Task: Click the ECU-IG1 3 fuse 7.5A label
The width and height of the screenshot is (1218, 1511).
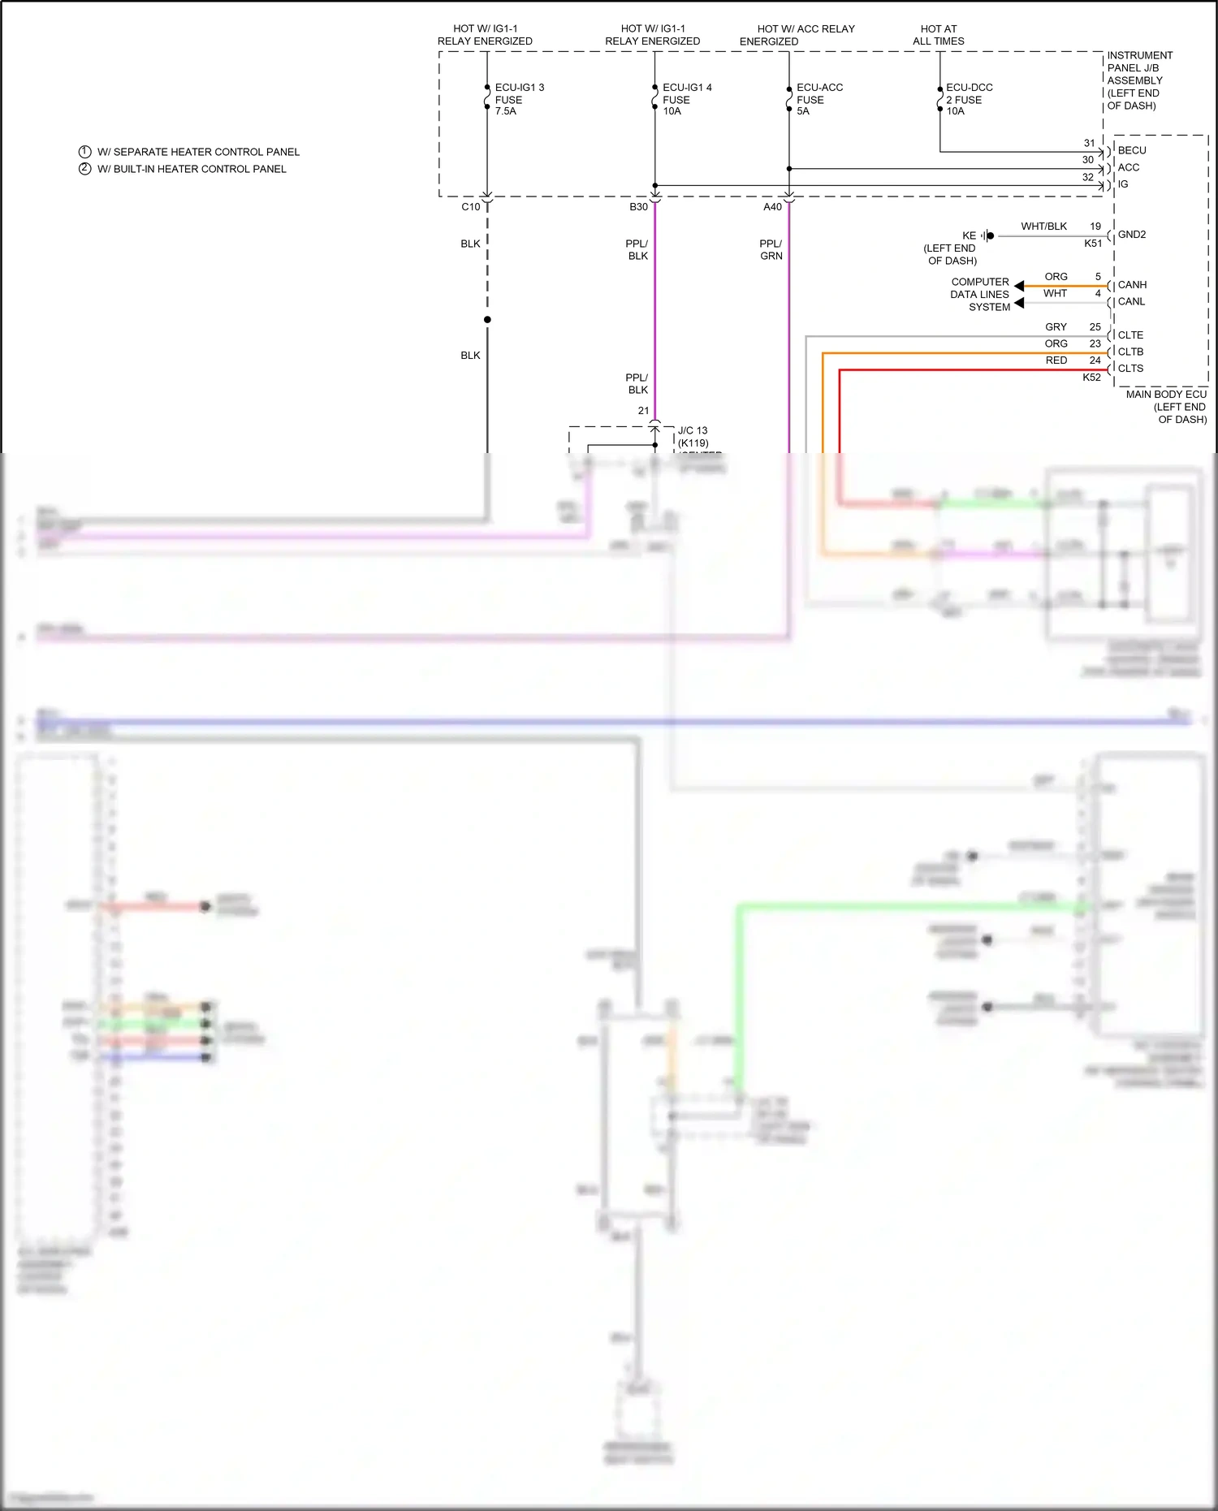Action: coord(519,99)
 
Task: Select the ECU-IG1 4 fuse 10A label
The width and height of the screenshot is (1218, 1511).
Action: coord(686,99)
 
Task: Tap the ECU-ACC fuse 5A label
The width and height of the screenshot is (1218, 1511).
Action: coord(818,99)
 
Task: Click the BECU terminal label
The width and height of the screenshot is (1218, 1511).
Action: coord(1132,150)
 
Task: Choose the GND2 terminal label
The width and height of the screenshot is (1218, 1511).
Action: coord(1132,235)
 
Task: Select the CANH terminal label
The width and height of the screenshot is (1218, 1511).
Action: coord(1132,285)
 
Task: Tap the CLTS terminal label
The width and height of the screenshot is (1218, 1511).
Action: coord(1130,369)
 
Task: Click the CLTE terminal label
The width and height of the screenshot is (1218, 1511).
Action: coord(1130,335)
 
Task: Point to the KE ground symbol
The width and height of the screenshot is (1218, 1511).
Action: coord(987,235)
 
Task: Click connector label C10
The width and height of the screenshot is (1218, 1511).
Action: coord(471,207)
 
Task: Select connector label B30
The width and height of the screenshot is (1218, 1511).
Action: coord(639,207)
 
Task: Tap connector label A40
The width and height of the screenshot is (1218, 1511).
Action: coord(772,207)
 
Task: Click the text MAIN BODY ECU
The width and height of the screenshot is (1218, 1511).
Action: coord(1166,395)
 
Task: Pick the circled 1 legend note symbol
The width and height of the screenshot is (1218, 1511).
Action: coord(84,152)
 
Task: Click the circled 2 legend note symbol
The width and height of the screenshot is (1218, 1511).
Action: coord(84,169)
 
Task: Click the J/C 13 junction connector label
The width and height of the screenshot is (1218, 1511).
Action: coord(693,431)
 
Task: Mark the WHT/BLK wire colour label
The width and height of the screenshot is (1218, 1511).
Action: coord(1043,227)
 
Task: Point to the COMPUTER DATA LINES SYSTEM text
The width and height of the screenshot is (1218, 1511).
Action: coord(980,295)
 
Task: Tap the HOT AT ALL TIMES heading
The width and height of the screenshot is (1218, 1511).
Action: coord(939,35)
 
